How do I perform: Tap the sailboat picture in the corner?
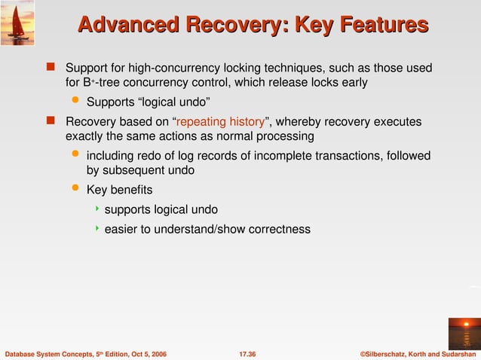[x=17, y=20]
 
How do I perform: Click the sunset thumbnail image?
[x=463, y=333]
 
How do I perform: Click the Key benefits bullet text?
[x=119, y=190]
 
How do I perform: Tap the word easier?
[x=122, y=229]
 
